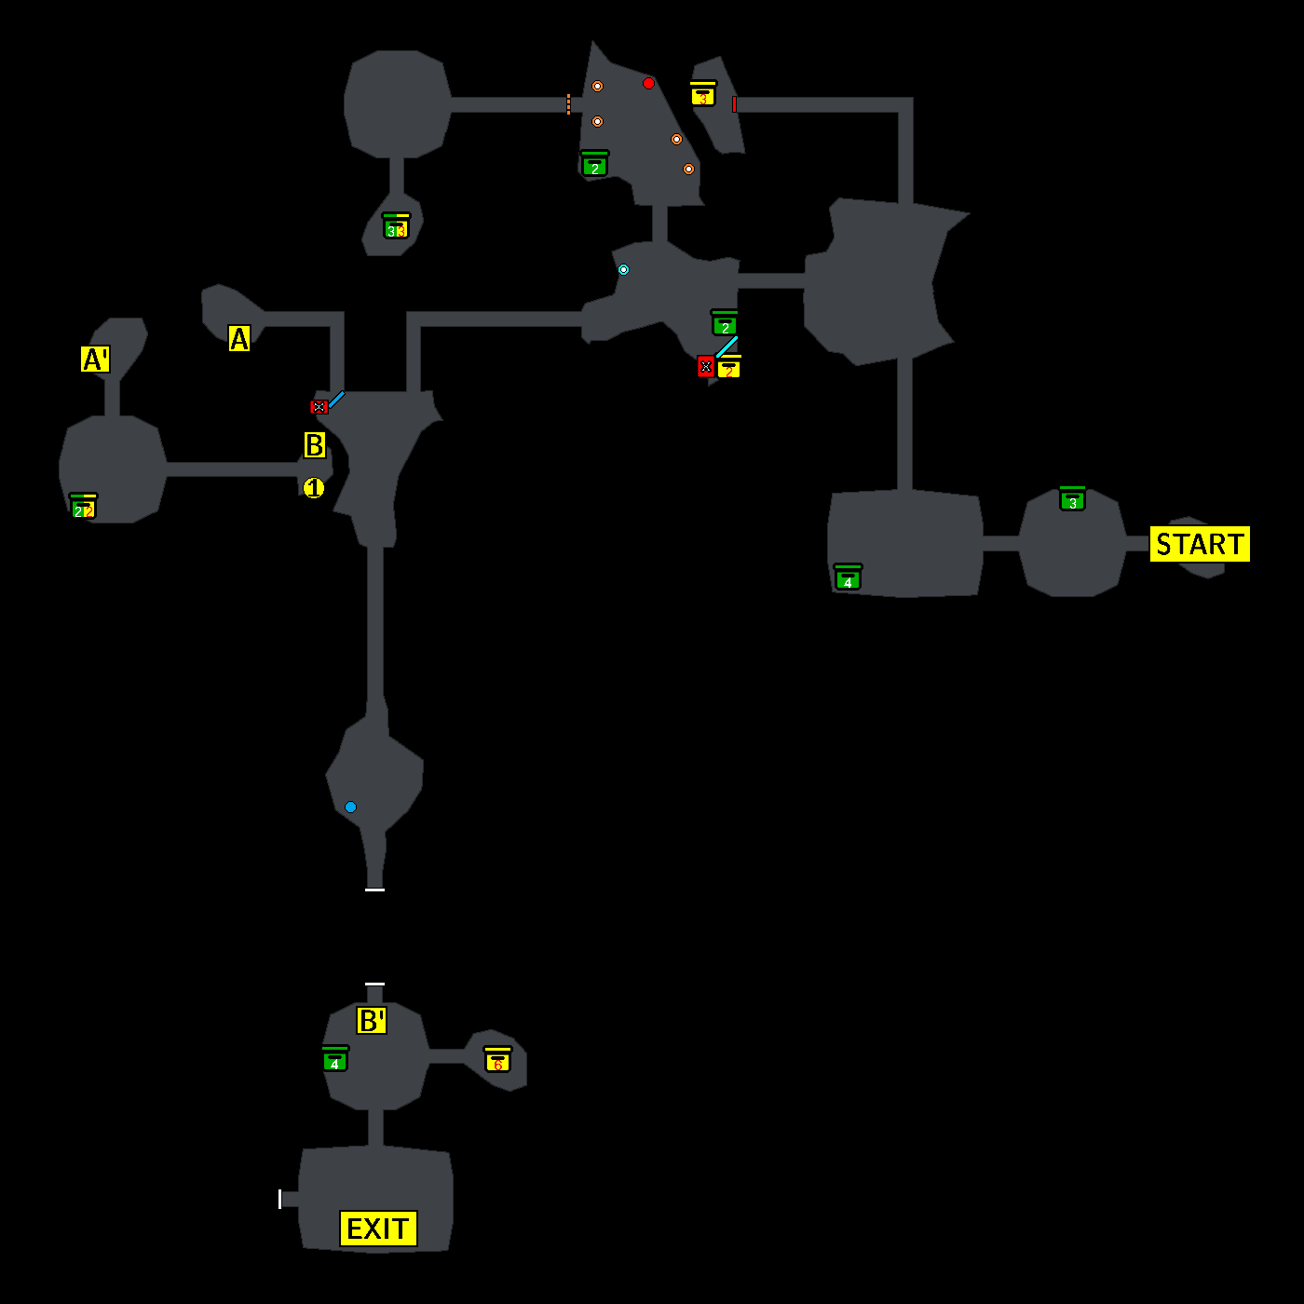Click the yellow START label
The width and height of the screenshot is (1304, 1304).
pyautogui.click(x=1200, y=544)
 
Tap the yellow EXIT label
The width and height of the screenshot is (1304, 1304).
pyautogui.click(x=378, y=1229)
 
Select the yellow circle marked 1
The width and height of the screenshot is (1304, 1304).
pyautogui.click(x=314, y=488)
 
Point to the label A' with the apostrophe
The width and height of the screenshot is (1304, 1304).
pyautogui.click(x=95, y=359)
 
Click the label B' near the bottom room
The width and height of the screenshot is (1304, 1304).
pyautogui.click(x=372, y=1021)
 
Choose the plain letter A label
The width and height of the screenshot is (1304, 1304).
pyautogui.click(x=239, y=338)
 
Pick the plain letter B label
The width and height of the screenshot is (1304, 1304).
pyautogui.click(x=315, y=445)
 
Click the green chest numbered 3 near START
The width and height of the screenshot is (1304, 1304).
pyautogui.click(x=1072, y=499)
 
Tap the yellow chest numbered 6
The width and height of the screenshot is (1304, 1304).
pyautogui.click(x=497, y=1060)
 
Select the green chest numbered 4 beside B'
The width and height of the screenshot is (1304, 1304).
pyautogui.click(x=334, y=1059)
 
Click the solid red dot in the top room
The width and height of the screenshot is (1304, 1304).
pyautogui.click(x=648, y=83)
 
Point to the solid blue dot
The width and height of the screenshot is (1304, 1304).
pyautogui.click(x=350, y=807)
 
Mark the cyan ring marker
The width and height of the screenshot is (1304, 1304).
pyautogui.click(x=623, y=269)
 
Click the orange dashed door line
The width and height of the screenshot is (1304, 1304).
pyautogui.click(x=568, y=104)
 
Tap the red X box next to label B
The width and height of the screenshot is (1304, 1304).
pyautogui.click(x=319, y=407)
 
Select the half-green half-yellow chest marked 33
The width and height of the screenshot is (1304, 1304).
pyautogui.click(x=396, y=226)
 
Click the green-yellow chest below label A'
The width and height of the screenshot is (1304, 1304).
pyautogui.click(x=83, y=507)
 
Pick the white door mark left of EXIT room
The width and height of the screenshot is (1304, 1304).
pyautogui.click(x=279, y=1199)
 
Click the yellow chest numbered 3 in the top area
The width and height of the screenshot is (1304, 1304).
pyautogui.click(x=703, y=94)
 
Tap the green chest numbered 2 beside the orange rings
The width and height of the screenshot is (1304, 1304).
pyautogui.click(x=594, y=165)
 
